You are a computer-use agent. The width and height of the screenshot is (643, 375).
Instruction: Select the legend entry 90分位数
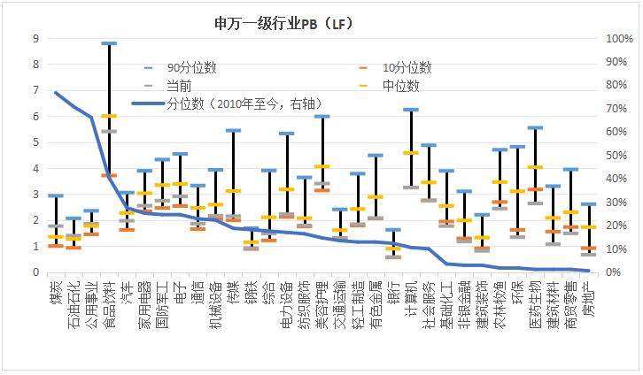[191, 67]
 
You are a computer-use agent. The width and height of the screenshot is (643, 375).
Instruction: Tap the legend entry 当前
[177, 86]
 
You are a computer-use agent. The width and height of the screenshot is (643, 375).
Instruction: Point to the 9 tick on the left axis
[35, 38]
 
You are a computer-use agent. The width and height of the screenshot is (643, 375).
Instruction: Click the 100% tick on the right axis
[616, 38]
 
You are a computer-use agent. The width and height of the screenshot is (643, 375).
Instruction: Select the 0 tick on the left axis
[35, 272]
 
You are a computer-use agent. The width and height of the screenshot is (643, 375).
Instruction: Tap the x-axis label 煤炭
[57, 291]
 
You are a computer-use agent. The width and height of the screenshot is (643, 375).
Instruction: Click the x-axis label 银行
[393, 291]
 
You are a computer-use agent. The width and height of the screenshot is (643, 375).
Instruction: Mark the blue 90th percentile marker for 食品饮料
[109, 42]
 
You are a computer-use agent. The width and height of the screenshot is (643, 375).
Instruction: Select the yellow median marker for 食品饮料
[109, 116]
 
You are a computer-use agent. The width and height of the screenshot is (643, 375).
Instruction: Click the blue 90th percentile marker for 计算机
[411, 110]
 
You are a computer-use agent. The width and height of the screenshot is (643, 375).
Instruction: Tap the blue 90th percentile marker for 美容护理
[321, 116]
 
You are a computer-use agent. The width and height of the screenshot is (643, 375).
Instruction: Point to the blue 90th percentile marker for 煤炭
[56, 195]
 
